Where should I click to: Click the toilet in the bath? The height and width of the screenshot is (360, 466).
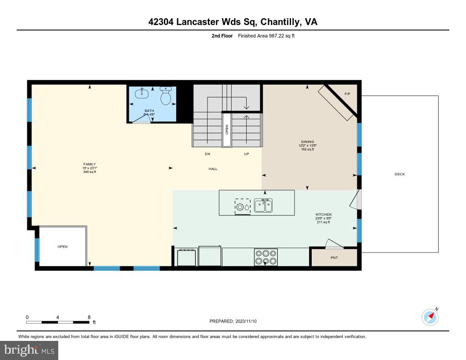pyautogui.click(x=165, y=96)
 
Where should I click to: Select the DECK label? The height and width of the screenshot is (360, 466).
pyautogui.click(x=400, y=174)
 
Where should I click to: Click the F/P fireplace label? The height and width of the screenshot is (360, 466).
pyautogui.click(x=347, y=94)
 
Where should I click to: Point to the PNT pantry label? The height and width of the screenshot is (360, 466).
pyautogui.click(x=334, y=258)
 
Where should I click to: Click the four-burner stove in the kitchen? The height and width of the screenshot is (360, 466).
pyautogui.click(x=266, y=257)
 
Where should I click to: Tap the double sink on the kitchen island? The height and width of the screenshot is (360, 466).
pyautogui.click(x=263, y=206)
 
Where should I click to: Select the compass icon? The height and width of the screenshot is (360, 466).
pyautogui.click(x=430, y=317)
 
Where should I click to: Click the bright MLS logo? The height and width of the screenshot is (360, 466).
pyautogui.click(x=29, y=350)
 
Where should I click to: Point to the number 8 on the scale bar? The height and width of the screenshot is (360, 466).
pyautogui.click(x=89, y=317)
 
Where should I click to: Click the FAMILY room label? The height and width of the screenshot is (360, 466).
pyautogui.click(x=89, y=164)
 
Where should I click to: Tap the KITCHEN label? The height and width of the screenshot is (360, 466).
pyautogui.click(x=324, y=214)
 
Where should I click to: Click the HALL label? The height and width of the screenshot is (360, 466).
pyautogui.click(x=213, y=169)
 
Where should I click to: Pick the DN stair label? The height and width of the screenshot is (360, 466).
pyautogui.click(x=207, y=154)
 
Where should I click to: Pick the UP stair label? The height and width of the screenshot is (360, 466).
pyautogui.click(x=246, y=154)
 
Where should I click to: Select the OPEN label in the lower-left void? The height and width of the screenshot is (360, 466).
pyautogui.click(x=62, y=247)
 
